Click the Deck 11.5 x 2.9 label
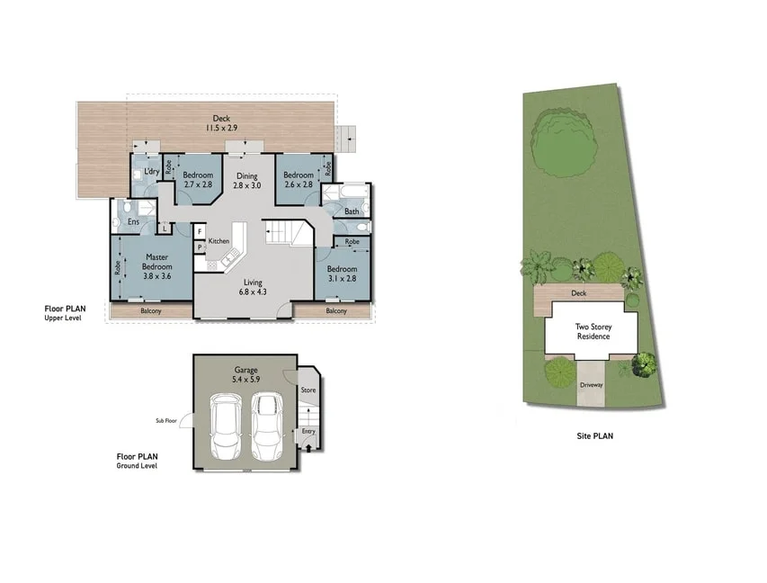(x=220, y=123)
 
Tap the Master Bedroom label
(x=157, y=266)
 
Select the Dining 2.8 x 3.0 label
(x=246, y=181)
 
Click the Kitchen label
(x=219, y=241)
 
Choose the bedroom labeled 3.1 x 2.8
(x=341, y=274)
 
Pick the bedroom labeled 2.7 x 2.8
(x=198, y=180)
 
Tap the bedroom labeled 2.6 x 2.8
(x=298, y=180)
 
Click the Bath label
(x=352, y=212)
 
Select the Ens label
(x=132, y=221)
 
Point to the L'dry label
(x=152, y=172)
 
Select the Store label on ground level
(x=308, y=390)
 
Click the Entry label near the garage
(x=308, y=431)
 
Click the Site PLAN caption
(x=594, y=435)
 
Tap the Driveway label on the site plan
(x=591, y=384)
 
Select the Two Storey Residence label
(x=593, y=331)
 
